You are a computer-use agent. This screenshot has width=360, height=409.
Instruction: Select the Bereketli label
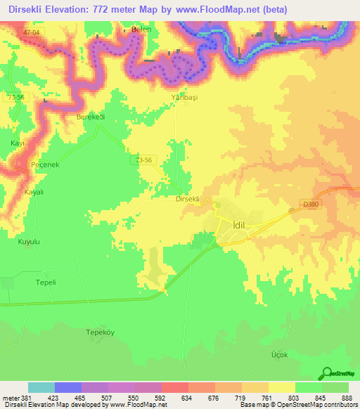(x=91, y=117)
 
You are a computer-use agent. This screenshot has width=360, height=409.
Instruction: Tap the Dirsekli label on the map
(x=188, y=199)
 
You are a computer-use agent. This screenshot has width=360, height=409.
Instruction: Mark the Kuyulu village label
(x=29, y=242)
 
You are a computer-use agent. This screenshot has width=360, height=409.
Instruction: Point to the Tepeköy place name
(x=99, y=331)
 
